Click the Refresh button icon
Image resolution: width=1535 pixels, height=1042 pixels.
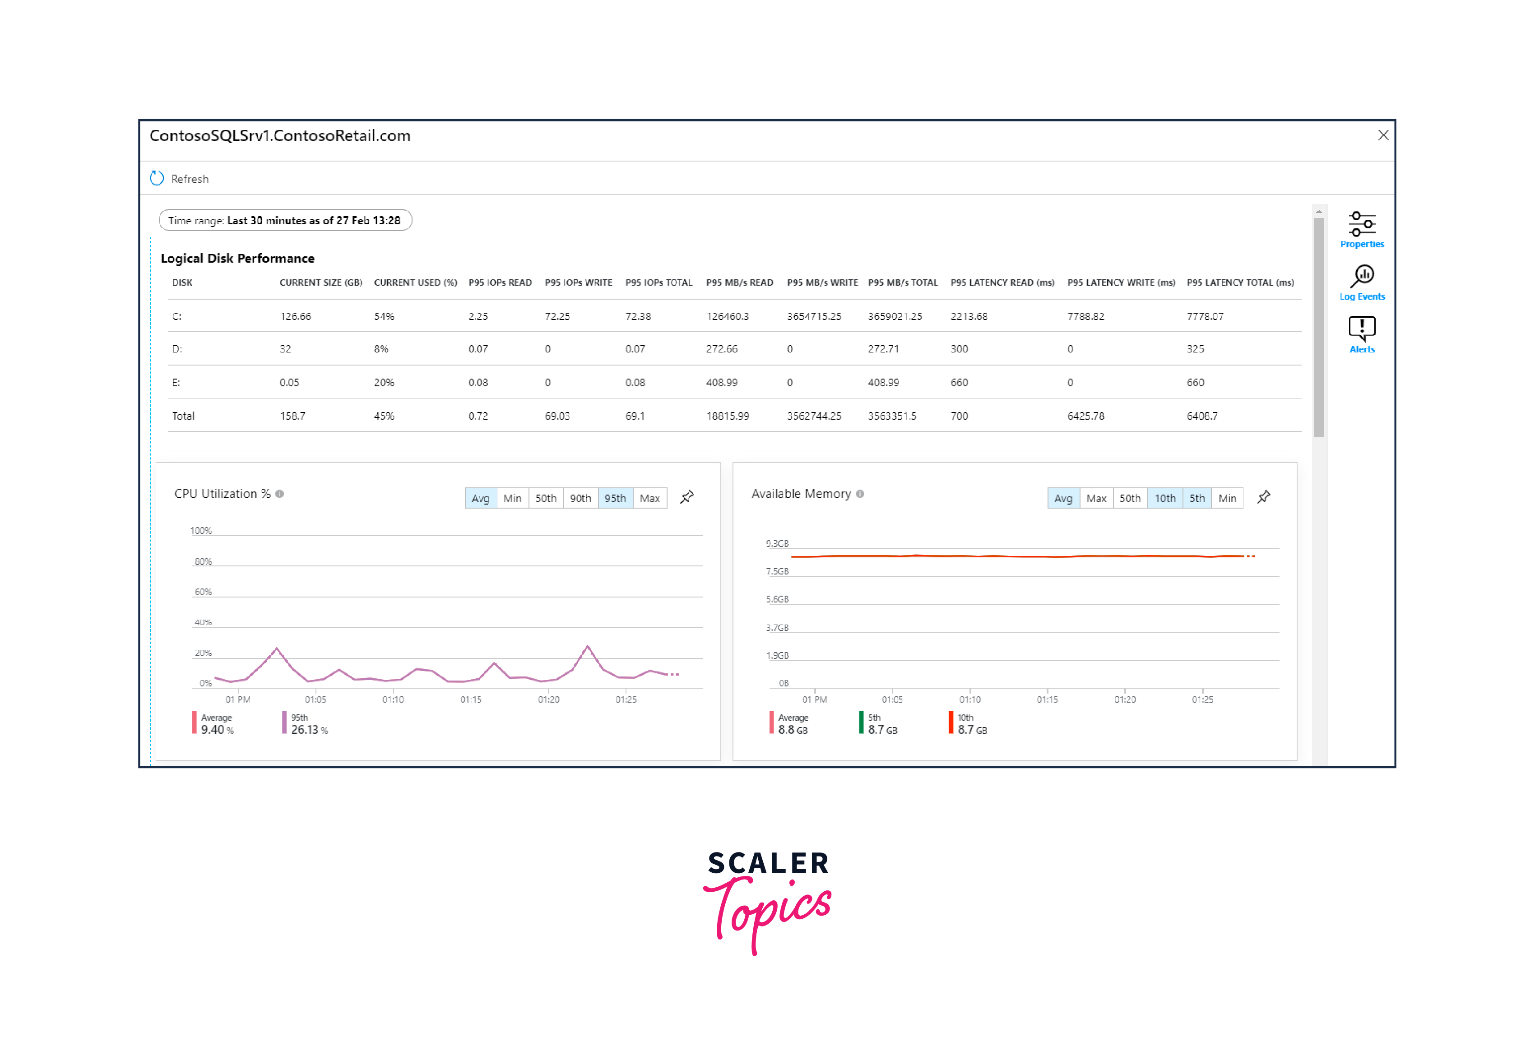pos(157,178)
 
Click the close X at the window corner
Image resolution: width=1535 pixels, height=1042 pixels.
pos(1383,135)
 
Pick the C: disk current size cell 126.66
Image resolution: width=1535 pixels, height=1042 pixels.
pos(295,316)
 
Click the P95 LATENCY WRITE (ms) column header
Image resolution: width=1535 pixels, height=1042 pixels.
pos(1121,282)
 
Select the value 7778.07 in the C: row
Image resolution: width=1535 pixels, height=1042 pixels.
pos(1205,316)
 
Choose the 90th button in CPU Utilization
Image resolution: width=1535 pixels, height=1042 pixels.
pos(580,498)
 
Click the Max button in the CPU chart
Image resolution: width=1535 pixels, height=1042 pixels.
pos(649,498)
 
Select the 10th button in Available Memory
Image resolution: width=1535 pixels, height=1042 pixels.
pos(1164,498)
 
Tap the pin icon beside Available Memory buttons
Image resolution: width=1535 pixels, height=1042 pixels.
pos(1264,496)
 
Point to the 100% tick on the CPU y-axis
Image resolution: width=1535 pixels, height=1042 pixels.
pos(201,531)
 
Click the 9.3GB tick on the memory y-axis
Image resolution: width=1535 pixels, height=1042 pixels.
pos(777,543)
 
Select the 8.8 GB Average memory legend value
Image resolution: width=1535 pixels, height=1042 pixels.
pos(793,730)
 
